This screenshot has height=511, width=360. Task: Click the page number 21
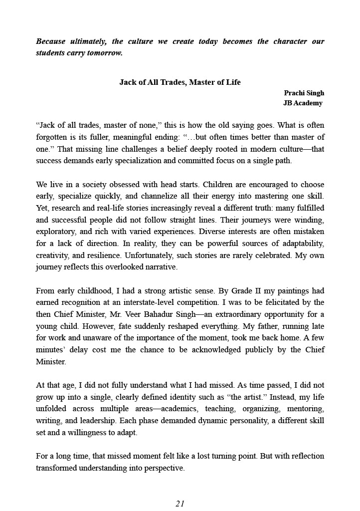(180, 504)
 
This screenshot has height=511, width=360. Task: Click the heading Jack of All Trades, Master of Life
(180, 82)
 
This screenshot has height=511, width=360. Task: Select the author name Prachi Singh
(304, 93)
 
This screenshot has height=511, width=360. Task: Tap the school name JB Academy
(303, 103)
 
